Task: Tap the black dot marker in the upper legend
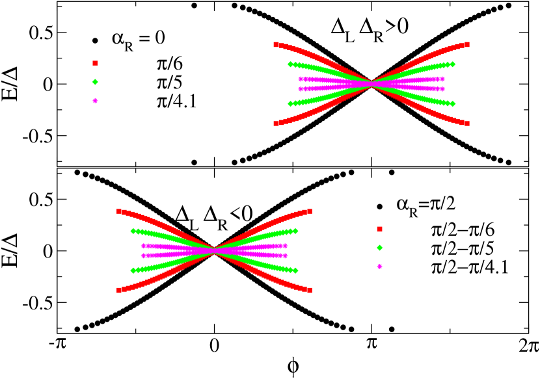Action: click(95, 41)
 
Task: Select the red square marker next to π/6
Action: click(95, 62)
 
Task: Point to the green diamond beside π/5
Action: click(95, 82)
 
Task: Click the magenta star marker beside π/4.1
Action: click(95, 101)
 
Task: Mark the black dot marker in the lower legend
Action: click(379, 207)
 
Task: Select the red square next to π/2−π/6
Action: click(379, 229)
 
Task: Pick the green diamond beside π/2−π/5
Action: click(379, 248)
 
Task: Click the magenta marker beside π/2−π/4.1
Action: click(379, 267)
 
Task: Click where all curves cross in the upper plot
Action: click(371, 83)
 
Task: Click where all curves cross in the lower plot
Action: click(215, 250)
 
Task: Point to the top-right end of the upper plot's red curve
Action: click(467, 44)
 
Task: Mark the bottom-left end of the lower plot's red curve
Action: click(118, 291)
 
